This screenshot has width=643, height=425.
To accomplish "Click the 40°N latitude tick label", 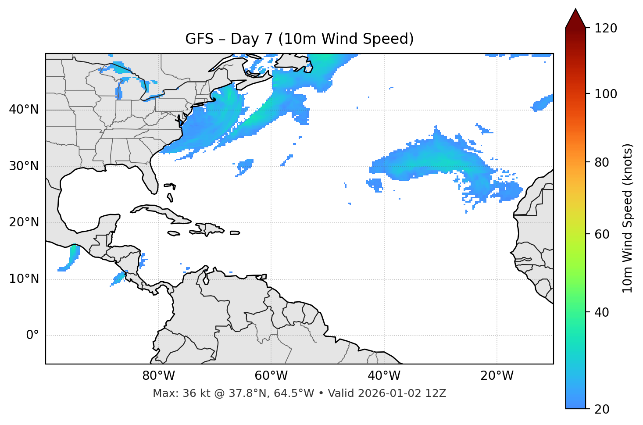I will (24, 110).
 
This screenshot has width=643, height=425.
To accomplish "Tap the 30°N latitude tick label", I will (24, 166).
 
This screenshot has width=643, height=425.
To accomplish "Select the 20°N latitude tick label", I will (24, 223).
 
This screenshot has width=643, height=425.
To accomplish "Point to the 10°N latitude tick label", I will (24, 279).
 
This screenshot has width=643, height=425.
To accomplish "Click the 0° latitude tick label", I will (32, 336).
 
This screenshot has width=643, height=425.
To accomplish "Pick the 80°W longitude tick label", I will (158, 376).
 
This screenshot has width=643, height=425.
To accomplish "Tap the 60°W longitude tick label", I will (271, 376).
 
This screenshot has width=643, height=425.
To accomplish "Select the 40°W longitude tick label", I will (384, 376).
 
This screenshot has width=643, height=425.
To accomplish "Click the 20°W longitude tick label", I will (497, 376).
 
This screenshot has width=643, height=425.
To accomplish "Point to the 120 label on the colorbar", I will (606, 29).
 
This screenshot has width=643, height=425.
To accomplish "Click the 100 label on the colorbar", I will (606, 94).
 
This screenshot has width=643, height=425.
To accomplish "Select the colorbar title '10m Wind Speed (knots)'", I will (628, 218).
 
